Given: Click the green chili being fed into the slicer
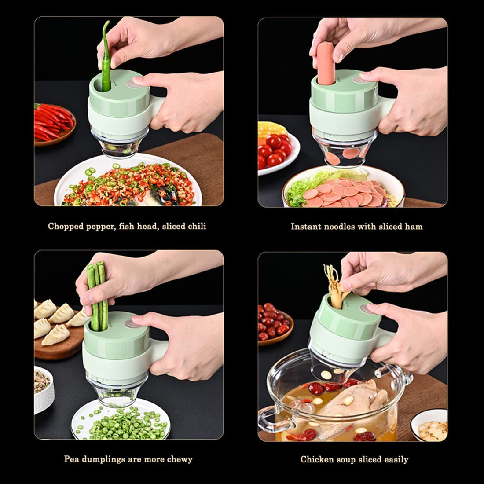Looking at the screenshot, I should coord(106,57).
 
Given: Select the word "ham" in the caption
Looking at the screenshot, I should coord(414,227).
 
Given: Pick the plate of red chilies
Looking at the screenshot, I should coord(54,122).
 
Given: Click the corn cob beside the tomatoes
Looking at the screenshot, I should coord(271,129).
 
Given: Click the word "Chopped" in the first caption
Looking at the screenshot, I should coord(66,227).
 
